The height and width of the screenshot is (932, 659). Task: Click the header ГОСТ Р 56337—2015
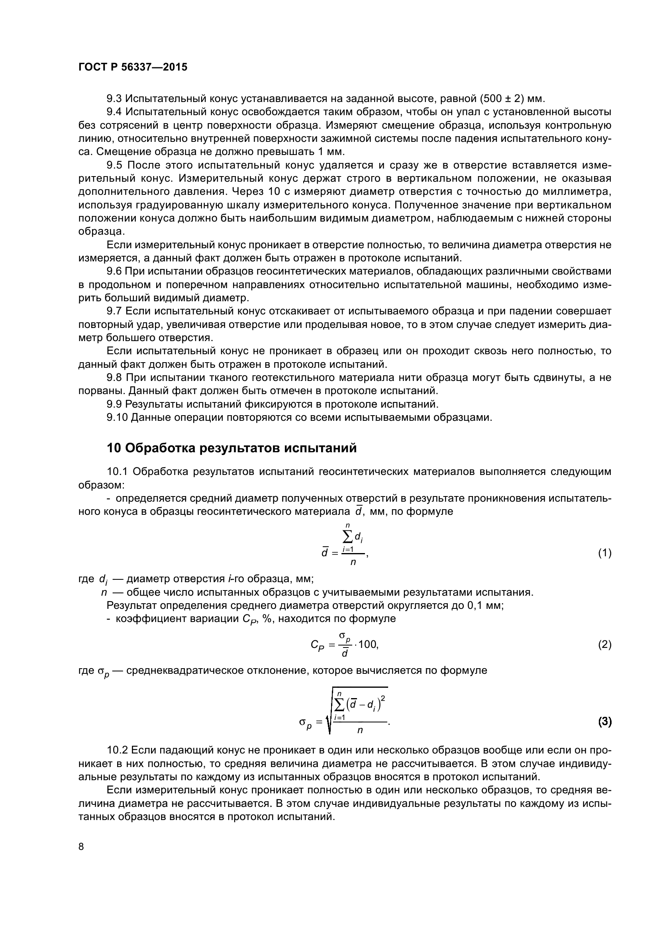[x=133, y=67]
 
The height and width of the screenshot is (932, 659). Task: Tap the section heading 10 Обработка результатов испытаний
[x=232, y=448]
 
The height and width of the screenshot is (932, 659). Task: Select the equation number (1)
[x=605, y=553]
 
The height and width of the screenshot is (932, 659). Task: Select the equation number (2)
[x=605, y=645]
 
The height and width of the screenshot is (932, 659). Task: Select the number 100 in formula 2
[x=368, y=644]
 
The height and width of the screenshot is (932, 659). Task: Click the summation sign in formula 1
[x=348, y=538]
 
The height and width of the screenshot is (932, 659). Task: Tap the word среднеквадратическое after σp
[x=181, y=671]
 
